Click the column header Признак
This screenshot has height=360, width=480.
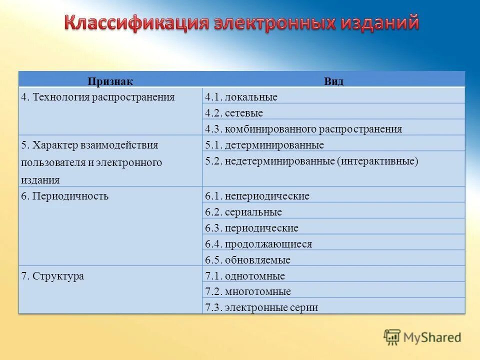click(x=110, y=81)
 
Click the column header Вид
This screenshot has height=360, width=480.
click(x=333, y=81)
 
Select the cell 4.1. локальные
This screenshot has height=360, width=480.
click(x=241, y=97)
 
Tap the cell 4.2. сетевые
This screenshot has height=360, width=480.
click(x=233, y=113)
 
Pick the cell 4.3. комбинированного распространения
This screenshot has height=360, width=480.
click(x=303, y=129)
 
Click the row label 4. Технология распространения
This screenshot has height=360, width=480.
click(x=98, y=97)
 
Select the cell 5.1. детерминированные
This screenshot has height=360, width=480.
click(x=264, y=145)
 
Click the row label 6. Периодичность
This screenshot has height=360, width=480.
click(x=65, y=196)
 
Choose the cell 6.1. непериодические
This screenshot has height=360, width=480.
click(x=257, y=196)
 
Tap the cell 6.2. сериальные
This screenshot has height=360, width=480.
click(x=243, y=212)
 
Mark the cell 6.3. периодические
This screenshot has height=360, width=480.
click(x=251, y=228)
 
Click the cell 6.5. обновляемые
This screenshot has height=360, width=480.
click(x=247, y=260)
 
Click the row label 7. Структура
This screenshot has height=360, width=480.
click(x=52, y=276)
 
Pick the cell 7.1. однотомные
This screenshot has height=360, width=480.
click(x=245, y=276)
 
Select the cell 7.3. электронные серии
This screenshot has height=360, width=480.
click(x=261, y=307)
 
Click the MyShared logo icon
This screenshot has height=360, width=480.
click(x=392, y=337)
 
